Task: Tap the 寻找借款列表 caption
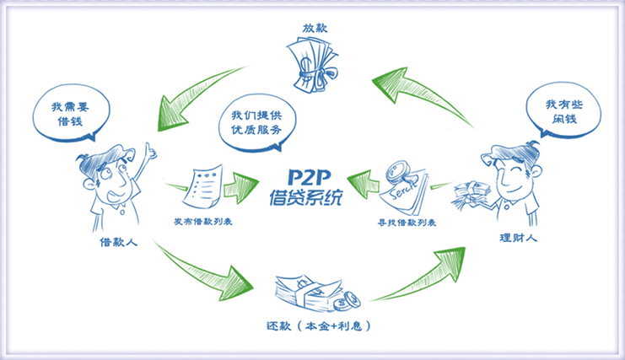409,225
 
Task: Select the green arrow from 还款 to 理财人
419,269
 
